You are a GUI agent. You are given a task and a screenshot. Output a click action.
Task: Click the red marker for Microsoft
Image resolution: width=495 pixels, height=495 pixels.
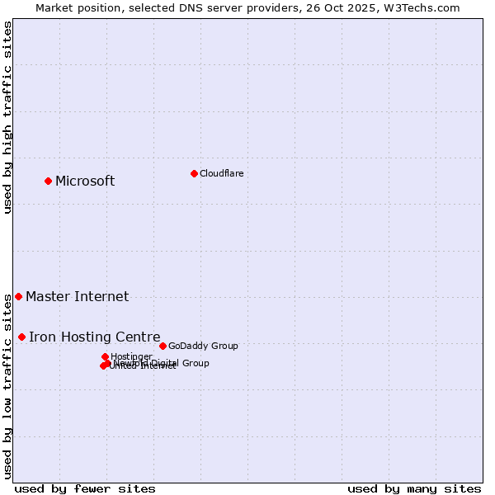pyautogui.click(x=48, y=181)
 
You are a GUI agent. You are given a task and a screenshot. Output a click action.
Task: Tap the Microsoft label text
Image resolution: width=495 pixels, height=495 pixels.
pyautogui.click(x=85, y=181)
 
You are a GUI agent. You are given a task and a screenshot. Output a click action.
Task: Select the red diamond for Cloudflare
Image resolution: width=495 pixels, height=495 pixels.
pyautogui.click(x=194, y=173)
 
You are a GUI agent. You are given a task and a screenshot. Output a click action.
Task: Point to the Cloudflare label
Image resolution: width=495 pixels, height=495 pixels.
pyautogui.click(x=221, y=173)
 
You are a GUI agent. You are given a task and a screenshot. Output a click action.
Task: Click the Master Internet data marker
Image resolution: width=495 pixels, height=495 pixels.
pyautogui.click(x=18, y=296)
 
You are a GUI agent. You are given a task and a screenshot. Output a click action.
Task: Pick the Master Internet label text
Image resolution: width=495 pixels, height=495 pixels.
pyautogui.click(x=77, y=297)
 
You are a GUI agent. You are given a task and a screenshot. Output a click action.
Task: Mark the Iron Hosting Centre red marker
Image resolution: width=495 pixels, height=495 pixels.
pyautogui.click(x=21, y=337)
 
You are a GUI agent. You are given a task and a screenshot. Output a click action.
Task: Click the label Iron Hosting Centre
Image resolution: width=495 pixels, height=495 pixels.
pyautogui.click(x=94, y=337)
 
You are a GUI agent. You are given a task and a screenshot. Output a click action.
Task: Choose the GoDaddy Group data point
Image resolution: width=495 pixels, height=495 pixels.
pyautogui.click(x=163, y=346)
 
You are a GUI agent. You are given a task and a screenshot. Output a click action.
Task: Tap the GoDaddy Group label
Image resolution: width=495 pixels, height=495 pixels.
pyautogui.click(x=203, y=346)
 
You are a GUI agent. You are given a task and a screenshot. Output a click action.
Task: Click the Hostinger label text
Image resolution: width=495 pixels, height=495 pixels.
pyautogui.click(x=131, y=356)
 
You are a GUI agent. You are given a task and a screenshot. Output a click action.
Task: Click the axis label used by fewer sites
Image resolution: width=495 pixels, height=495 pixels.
pyautogui.click(x=85, y=488)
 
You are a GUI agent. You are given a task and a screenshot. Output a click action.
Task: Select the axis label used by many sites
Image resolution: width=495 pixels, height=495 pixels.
pyautogui.click(x=414, y=488)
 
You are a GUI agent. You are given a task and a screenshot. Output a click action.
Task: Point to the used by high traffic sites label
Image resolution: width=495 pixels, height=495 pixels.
pyautogui.click(x=7, y=118)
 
